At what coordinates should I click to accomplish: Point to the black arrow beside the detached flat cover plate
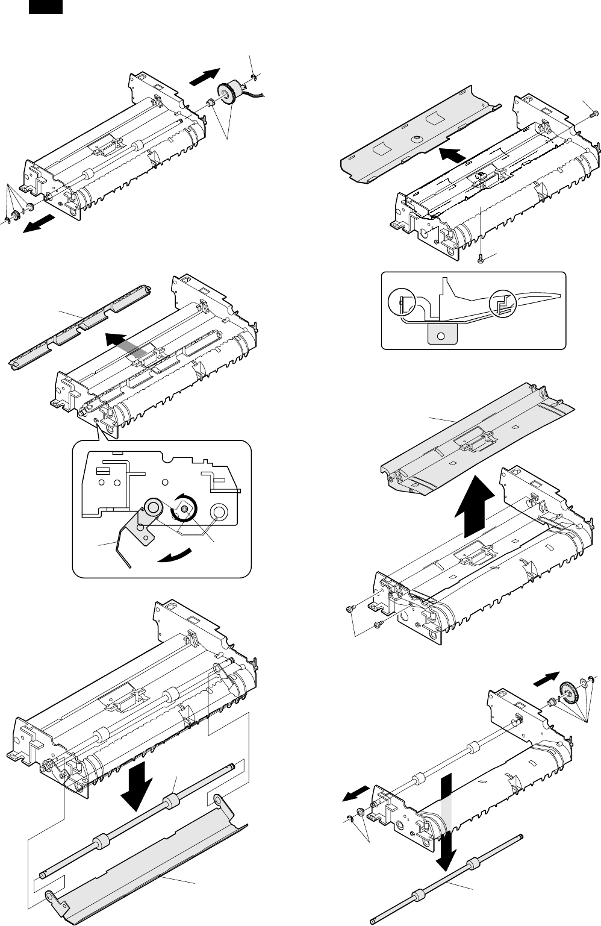[452, 155]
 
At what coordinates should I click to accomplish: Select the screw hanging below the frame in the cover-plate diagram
[481, 258]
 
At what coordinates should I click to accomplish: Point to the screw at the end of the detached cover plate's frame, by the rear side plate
[594, 112]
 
